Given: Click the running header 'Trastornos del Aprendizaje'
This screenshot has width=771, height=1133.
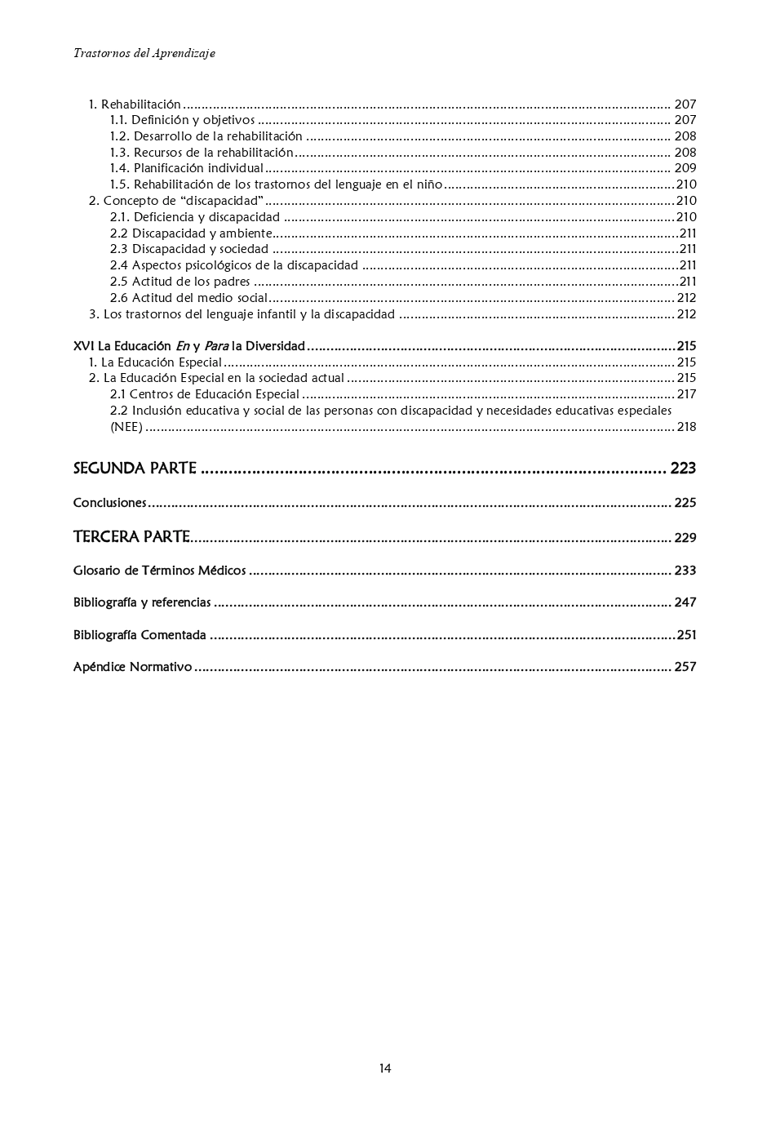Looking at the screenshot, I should click(144, 53).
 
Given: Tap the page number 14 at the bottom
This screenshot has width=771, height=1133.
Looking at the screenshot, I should click(385, 1069).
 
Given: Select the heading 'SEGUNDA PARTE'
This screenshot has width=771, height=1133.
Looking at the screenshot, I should click(135, 469).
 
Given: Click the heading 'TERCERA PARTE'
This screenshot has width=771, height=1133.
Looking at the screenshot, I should click(131, 537).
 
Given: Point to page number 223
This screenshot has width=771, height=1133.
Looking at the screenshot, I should click(683, 469).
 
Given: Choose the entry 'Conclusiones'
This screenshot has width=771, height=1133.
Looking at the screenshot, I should click(109, 503).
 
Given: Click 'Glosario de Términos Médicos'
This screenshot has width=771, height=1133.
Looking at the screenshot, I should click(159, 571).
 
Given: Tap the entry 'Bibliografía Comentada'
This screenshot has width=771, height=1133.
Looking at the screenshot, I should click(140, 635).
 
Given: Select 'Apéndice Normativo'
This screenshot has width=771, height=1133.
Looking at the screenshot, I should click(132, 667).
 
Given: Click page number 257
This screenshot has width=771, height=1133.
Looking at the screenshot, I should click(685, 667).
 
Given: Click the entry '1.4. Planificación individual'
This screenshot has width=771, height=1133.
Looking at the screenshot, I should click(187, 169).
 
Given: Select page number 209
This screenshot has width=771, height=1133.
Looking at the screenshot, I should click(685, 169).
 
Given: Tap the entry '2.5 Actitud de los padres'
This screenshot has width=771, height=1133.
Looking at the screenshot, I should click(179, 282).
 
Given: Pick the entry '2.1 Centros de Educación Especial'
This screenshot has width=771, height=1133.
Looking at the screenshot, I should click(205, 394).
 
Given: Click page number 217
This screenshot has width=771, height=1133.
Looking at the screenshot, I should click(686, 394).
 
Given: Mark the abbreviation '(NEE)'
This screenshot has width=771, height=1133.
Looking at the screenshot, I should click(126, 427).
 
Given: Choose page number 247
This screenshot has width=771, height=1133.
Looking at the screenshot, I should click(685, 602).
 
